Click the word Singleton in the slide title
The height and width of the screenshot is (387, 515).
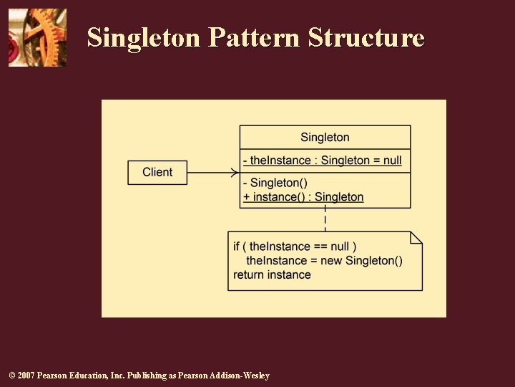click(144, 37)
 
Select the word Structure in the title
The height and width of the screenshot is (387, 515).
click(366, 37)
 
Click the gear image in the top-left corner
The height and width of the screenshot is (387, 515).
click(37, 37)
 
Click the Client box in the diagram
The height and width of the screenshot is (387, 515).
click(157, 172)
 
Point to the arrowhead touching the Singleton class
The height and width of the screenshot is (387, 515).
click(235, 172)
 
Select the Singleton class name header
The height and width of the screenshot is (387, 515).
click(325, 137)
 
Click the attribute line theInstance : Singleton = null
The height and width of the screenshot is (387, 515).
click(322, 161)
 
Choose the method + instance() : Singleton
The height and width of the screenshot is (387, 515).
click(303, 197)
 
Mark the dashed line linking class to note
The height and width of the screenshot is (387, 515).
click(325, 219)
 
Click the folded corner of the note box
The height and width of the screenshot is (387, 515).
click(416, 237)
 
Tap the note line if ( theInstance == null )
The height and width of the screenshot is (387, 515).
click(295, 247)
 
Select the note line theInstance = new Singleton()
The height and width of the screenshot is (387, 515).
click(324, 260)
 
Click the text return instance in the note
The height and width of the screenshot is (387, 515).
click(272, 274)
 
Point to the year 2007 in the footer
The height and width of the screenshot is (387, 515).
click(25, 376)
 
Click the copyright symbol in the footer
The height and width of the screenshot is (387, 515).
click(11, 376)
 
